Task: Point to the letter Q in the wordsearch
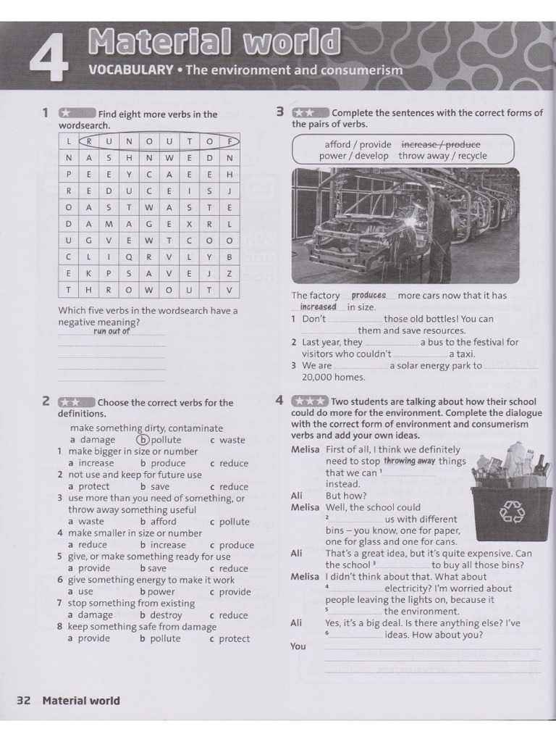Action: coord(128,256)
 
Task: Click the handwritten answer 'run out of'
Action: coord(111,331)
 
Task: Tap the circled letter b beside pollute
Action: coord(143,440)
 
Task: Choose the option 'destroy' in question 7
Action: coord(165,615)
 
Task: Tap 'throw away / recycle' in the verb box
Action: coord(442,156)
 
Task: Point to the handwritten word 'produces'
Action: coord(368,296)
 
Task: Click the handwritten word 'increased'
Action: coord(319,307)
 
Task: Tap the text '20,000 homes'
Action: coord(334,377)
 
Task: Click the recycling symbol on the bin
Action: coord(510,512)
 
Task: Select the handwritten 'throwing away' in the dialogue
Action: coord(409,461)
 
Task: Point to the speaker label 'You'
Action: coord(298,646)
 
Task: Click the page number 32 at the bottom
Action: coord(23,701)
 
